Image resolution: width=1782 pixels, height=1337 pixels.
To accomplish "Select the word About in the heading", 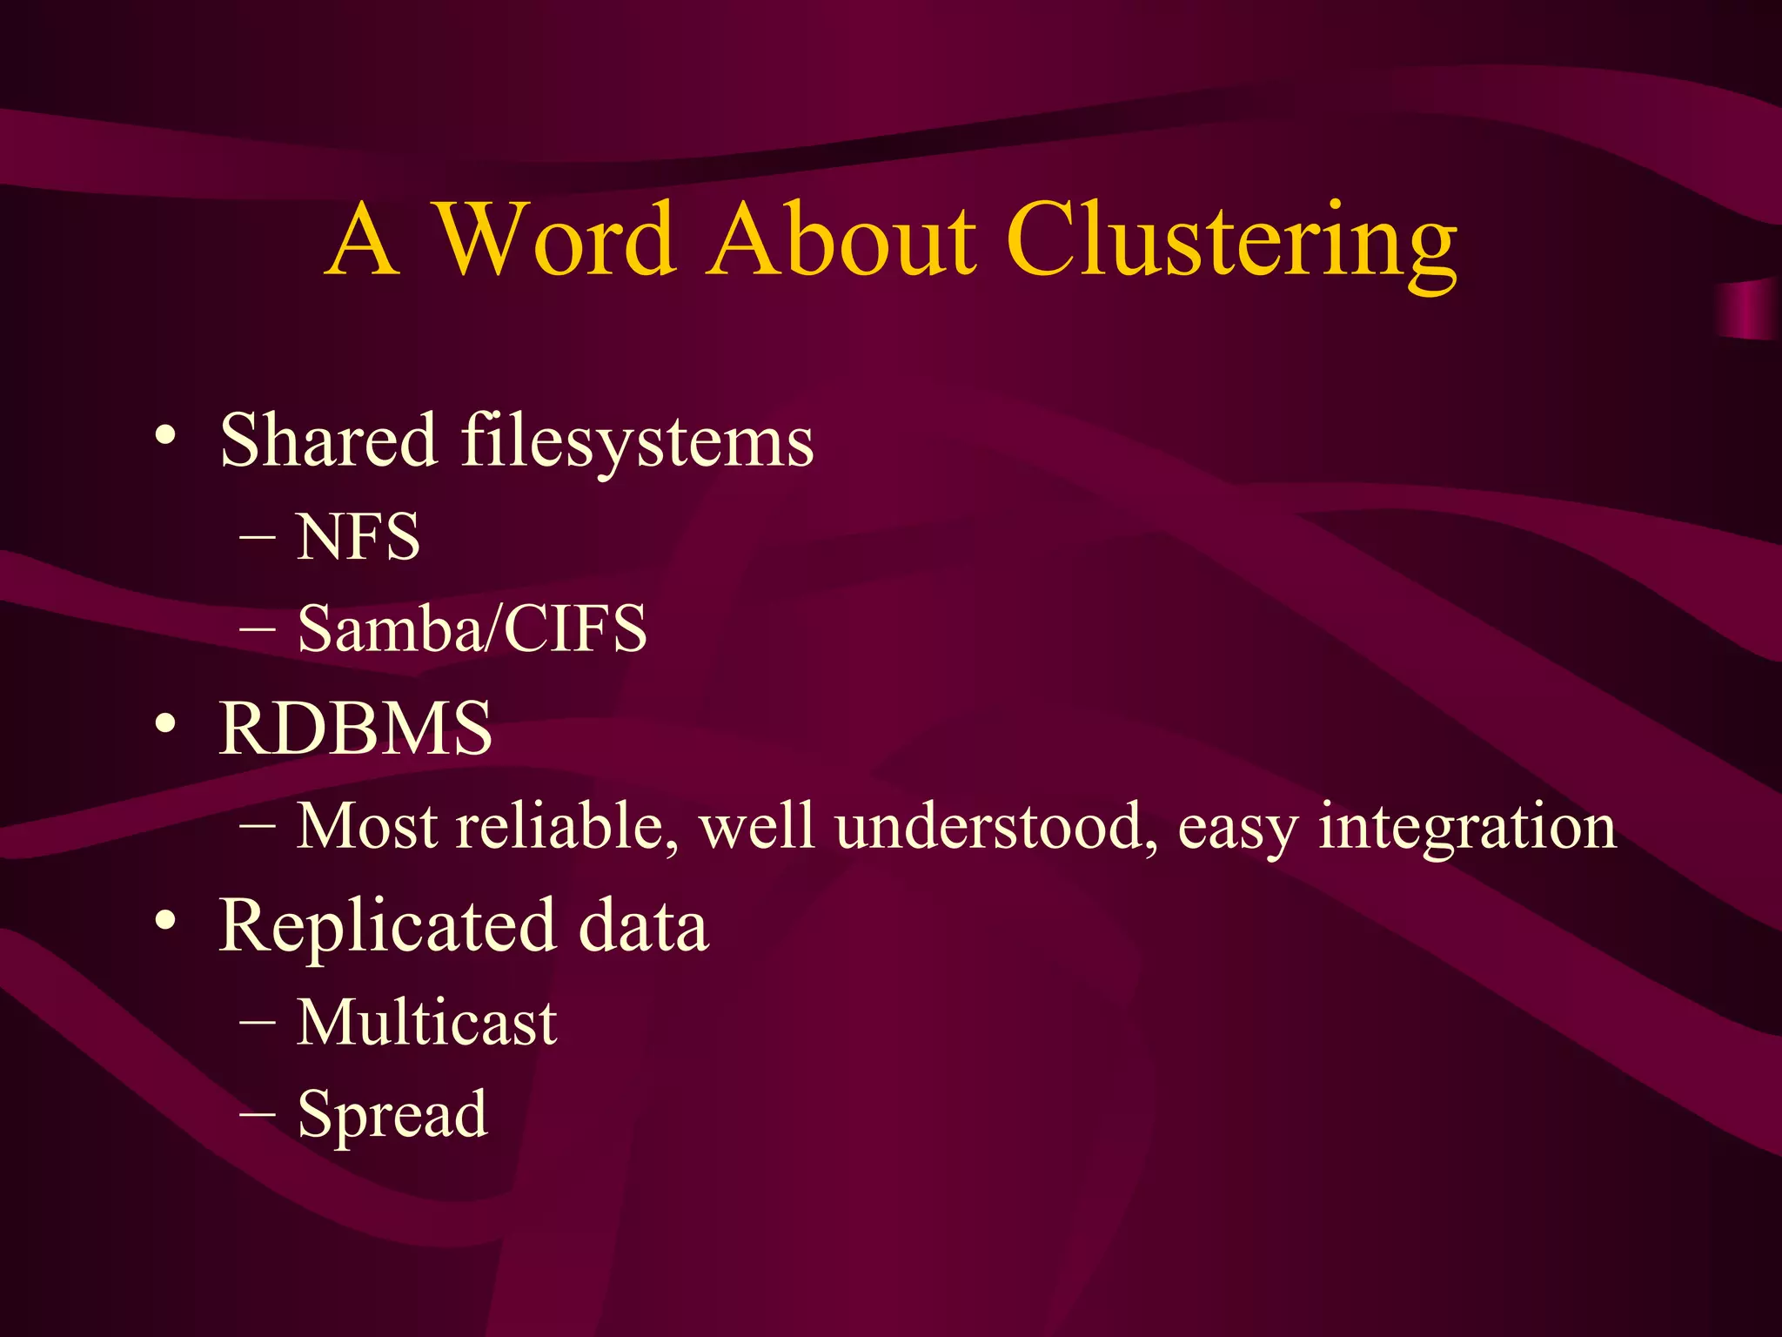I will [841, 239].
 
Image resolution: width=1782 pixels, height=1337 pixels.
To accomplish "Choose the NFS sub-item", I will [358, 537].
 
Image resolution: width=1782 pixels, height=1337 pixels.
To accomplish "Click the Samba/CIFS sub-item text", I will [472, 628].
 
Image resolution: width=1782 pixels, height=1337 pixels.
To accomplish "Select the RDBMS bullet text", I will [355, 728].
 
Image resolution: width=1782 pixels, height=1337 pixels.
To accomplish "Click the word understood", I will [996, 825].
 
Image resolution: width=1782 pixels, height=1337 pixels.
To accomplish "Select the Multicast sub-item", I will [426, 1022].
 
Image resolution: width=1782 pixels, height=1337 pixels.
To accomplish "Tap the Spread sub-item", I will [392, 1114].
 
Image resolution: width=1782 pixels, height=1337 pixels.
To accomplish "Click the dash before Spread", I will [258, 1112].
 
